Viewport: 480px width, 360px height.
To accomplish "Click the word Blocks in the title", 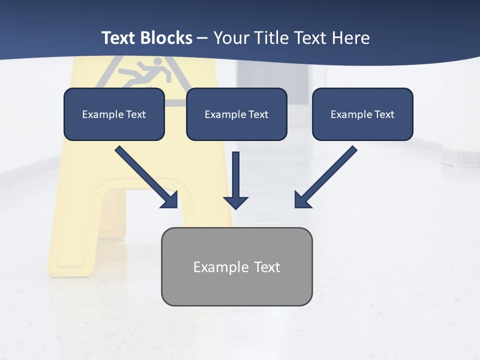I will point(165,38).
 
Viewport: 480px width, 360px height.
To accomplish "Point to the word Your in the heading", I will point(231,38).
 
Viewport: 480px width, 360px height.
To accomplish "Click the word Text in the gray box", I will point(267,267).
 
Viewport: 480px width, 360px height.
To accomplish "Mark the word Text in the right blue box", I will point(384,114).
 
